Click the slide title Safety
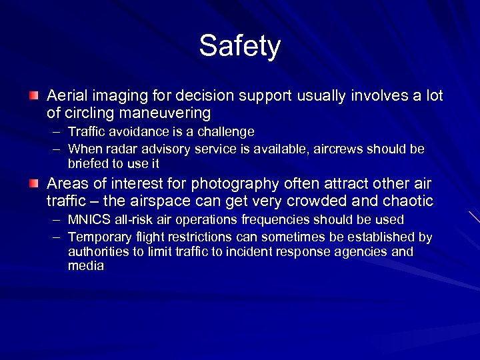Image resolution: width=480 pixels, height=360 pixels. click(240, 46)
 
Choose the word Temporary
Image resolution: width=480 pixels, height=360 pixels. click(97, 237)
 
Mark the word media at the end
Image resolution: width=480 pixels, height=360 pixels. click(85, 265)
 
